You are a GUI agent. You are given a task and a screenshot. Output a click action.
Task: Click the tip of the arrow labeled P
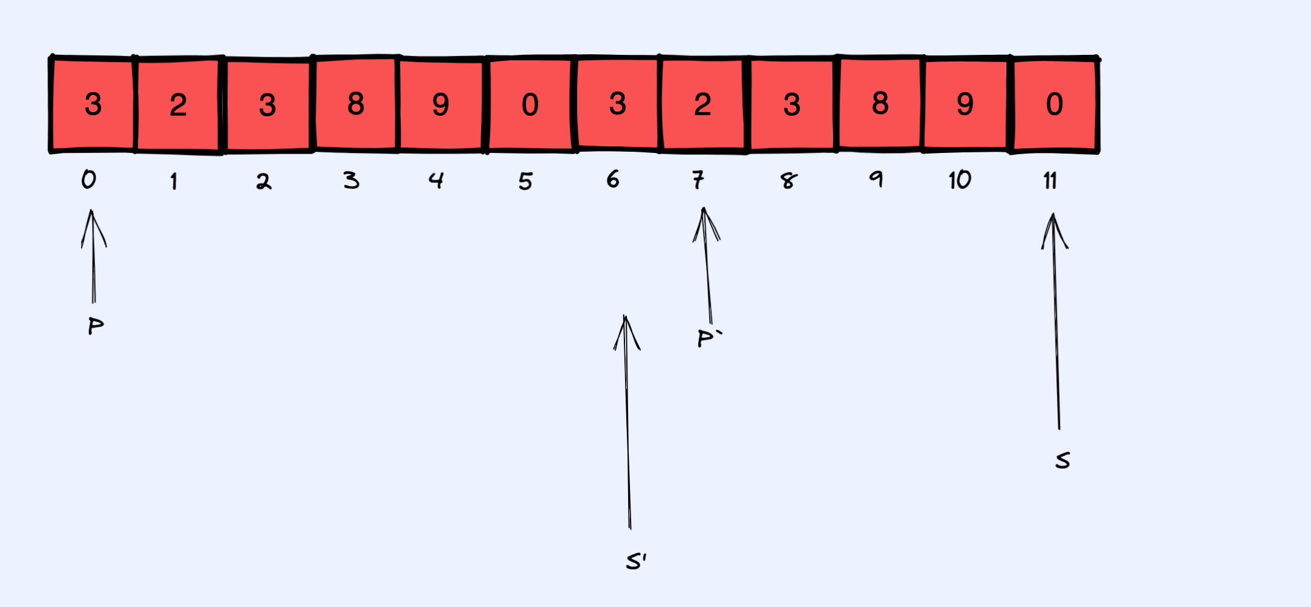pos(92,210)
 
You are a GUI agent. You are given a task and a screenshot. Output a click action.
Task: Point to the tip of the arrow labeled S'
pos(625,316)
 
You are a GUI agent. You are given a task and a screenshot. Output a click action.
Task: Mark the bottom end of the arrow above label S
pos(1059,429)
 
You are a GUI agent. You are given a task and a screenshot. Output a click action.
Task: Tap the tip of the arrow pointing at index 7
pos(704,208)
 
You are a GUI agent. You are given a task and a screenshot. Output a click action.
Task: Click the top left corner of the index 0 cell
pos(52,58)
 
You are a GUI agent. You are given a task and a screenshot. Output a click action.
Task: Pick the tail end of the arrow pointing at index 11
pos(1059,429)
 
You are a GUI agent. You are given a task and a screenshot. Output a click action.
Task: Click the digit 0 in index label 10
pos(965,180)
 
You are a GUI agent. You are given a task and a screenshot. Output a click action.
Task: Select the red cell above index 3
pos(356,104)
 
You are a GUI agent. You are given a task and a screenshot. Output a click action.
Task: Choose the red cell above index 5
pos(530,104)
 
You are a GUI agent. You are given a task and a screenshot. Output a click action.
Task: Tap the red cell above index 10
pos(966,104)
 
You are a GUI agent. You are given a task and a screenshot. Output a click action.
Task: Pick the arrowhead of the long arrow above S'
pos(626,333)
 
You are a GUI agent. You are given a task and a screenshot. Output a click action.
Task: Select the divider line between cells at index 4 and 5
pos(486,104)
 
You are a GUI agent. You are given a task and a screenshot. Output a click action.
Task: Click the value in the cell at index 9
pos(880,103)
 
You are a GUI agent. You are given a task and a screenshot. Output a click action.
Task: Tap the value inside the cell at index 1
pos(178,105)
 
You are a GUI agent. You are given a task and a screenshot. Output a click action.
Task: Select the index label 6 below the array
pos(613,179)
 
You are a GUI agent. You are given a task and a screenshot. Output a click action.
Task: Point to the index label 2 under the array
pos(263,181)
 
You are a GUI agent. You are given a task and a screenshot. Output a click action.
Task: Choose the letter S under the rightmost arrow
pos(1062,460)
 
